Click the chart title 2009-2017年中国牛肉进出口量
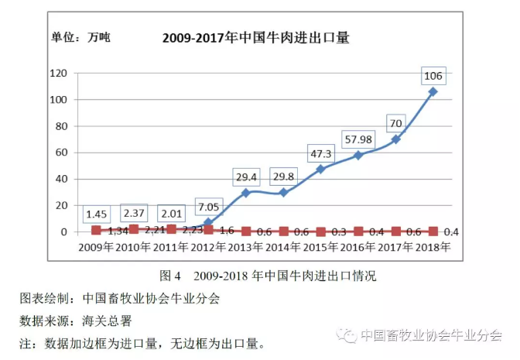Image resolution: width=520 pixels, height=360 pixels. point(255,36)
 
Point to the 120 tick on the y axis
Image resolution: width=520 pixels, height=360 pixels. point(60,74)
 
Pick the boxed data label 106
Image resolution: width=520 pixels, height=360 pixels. point(433,75)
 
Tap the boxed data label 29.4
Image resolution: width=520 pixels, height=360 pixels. point(246,177)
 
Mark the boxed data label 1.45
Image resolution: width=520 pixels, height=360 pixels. point(97,213)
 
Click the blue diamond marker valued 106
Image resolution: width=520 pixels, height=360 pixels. point(433,91)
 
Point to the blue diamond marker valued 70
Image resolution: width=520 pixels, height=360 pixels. point(395,139)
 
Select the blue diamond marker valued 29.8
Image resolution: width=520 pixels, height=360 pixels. point(283,192)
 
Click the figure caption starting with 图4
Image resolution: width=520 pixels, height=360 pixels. point(267,275)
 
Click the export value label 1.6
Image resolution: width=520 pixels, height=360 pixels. point(227,231)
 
